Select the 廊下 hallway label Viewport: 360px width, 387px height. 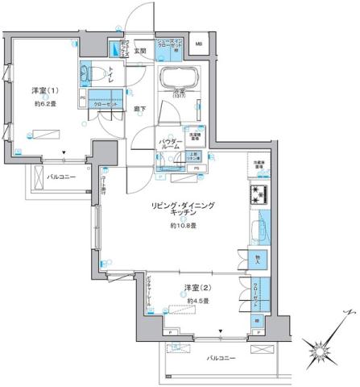pyautogui.click(x=139, y=109)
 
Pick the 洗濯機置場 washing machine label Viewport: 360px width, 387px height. pyautogui.click(x=199, y=136)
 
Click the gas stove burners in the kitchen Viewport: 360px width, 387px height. pyautogui.click(x=259, y=194)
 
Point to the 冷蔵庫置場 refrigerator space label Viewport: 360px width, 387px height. pyautogui.click(x=259, y=165)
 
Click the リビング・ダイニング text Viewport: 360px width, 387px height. pyautogui.click(x=182, y=206)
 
